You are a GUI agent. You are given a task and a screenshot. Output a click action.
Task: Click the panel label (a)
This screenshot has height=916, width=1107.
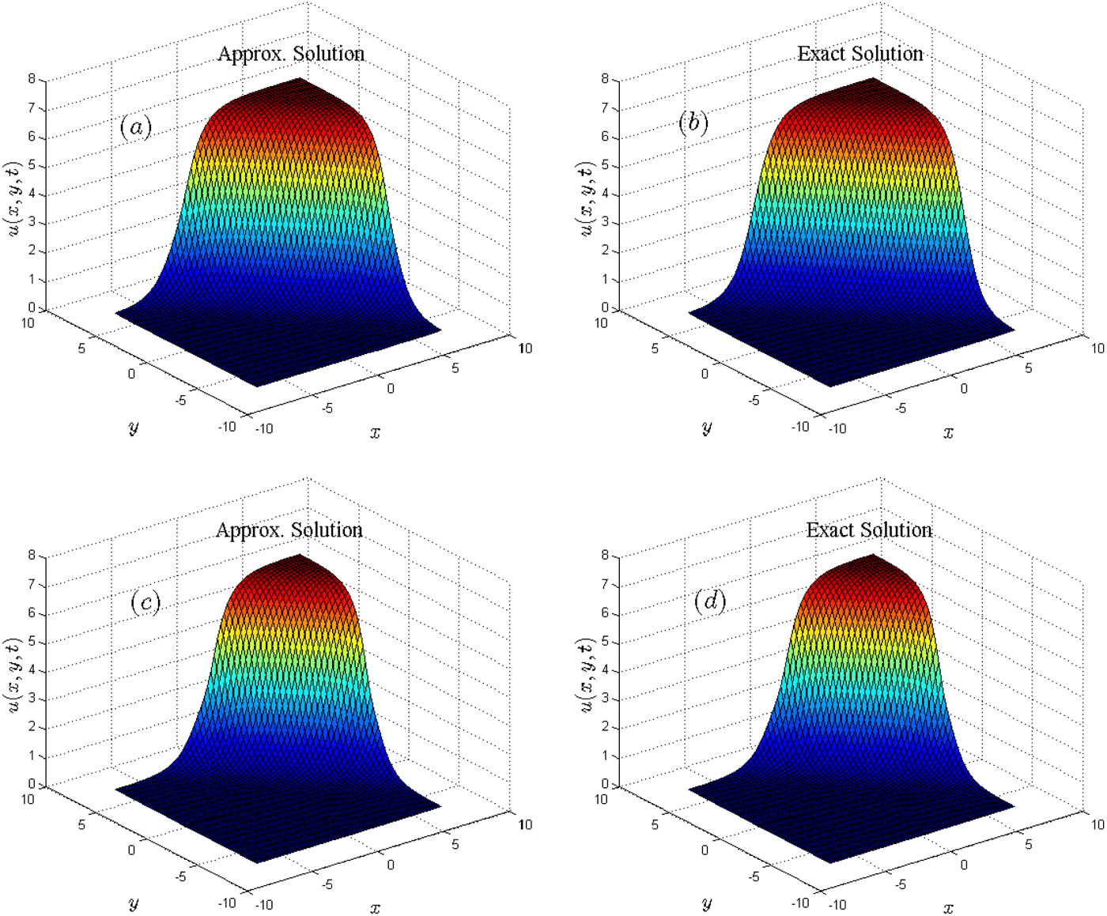click(135, 126)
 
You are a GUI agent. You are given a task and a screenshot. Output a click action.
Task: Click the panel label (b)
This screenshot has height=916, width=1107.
click(693, 123)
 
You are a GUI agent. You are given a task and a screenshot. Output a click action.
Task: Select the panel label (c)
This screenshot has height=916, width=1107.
click(145, 603)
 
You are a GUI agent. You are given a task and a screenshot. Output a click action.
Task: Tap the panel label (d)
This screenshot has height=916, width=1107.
click(709, 601)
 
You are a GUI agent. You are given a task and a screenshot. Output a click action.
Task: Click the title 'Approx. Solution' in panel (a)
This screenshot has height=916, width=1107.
click(291, 54)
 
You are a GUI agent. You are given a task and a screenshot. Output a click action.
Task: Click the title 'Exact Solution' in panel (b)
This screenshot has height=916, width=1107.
click(860, 54)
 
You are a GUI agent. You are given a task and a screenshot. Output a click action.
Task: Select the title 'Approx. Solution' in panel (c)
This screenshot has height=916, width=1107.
click(289, 530)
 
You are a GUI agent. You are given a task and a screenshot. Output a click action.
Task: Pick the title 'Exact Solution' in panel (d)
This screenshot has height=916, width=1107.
click(869, 530)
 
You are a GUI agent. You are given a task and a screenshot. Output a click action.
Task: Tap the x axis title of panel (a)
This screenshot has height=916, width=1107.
click(375, 432)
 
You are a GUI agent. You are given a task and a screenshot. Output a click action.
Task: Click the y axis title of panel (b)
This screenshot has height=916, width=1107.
click(706, 428)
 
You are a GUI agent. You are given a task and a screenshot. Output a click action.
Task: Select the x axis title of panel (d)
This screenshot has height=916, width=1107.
click(948, 908)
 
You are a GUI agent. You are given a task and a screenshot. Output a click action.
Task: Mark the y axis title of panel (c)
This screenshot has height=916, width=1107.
click(133, 903)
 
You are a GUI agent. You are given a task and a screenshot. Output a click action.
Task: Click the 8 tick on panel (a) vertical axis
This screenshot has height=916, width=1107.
click(32, 79)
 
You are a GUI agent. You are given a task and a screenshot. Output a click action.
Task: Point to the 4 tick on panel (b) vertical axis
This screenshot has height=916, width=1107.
click(605, 194)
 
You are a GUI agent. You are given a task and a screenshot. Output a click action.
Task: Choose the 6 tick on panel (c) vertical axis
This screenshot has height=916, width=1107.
click(32, 613)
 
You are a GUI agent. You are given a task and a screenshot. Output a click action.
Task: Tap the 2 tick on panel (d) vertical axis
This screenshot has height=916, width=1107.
click(605, 727)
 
